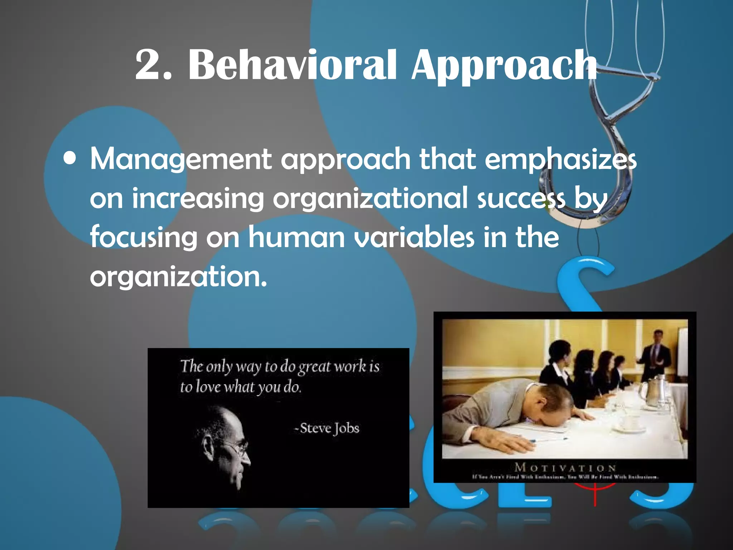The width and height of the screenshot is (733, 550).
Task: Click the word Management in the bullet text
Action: click(181, 159)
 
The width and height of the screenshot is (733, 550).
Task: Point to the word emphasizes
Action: click(560, 159)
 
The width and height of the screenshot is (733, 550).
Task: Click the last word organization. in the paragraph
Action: click(178, 276)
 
